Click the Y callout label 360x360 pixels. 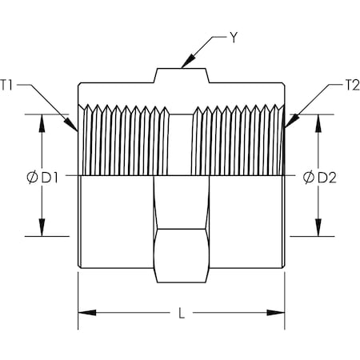pyautogui.click(x=234, y=38)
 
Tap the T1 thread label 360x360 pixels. pyautogui.click(x=6, y=85)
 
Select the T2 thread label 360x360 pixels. pyautogui.click(x=352, y=86)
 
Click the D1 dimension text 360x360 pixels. pyautogui.click(x=50, y=178)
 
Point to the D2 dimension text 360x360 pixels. pyautogui.click(x=327, y=178)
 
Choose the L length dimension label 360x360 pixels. pyautogui.click(x=182, y=313)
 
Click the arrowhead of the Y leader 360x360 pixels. pyautogui.click(x=187, y=62)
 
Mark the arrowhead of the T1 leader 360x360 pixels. pyautogui.click(x=71, y=125)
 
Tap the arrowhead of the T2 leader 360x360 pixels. pyautogui.click(x=291, y=122)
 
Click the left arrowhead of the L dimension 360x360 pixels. pyautogui.click(x=87, y=313)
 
